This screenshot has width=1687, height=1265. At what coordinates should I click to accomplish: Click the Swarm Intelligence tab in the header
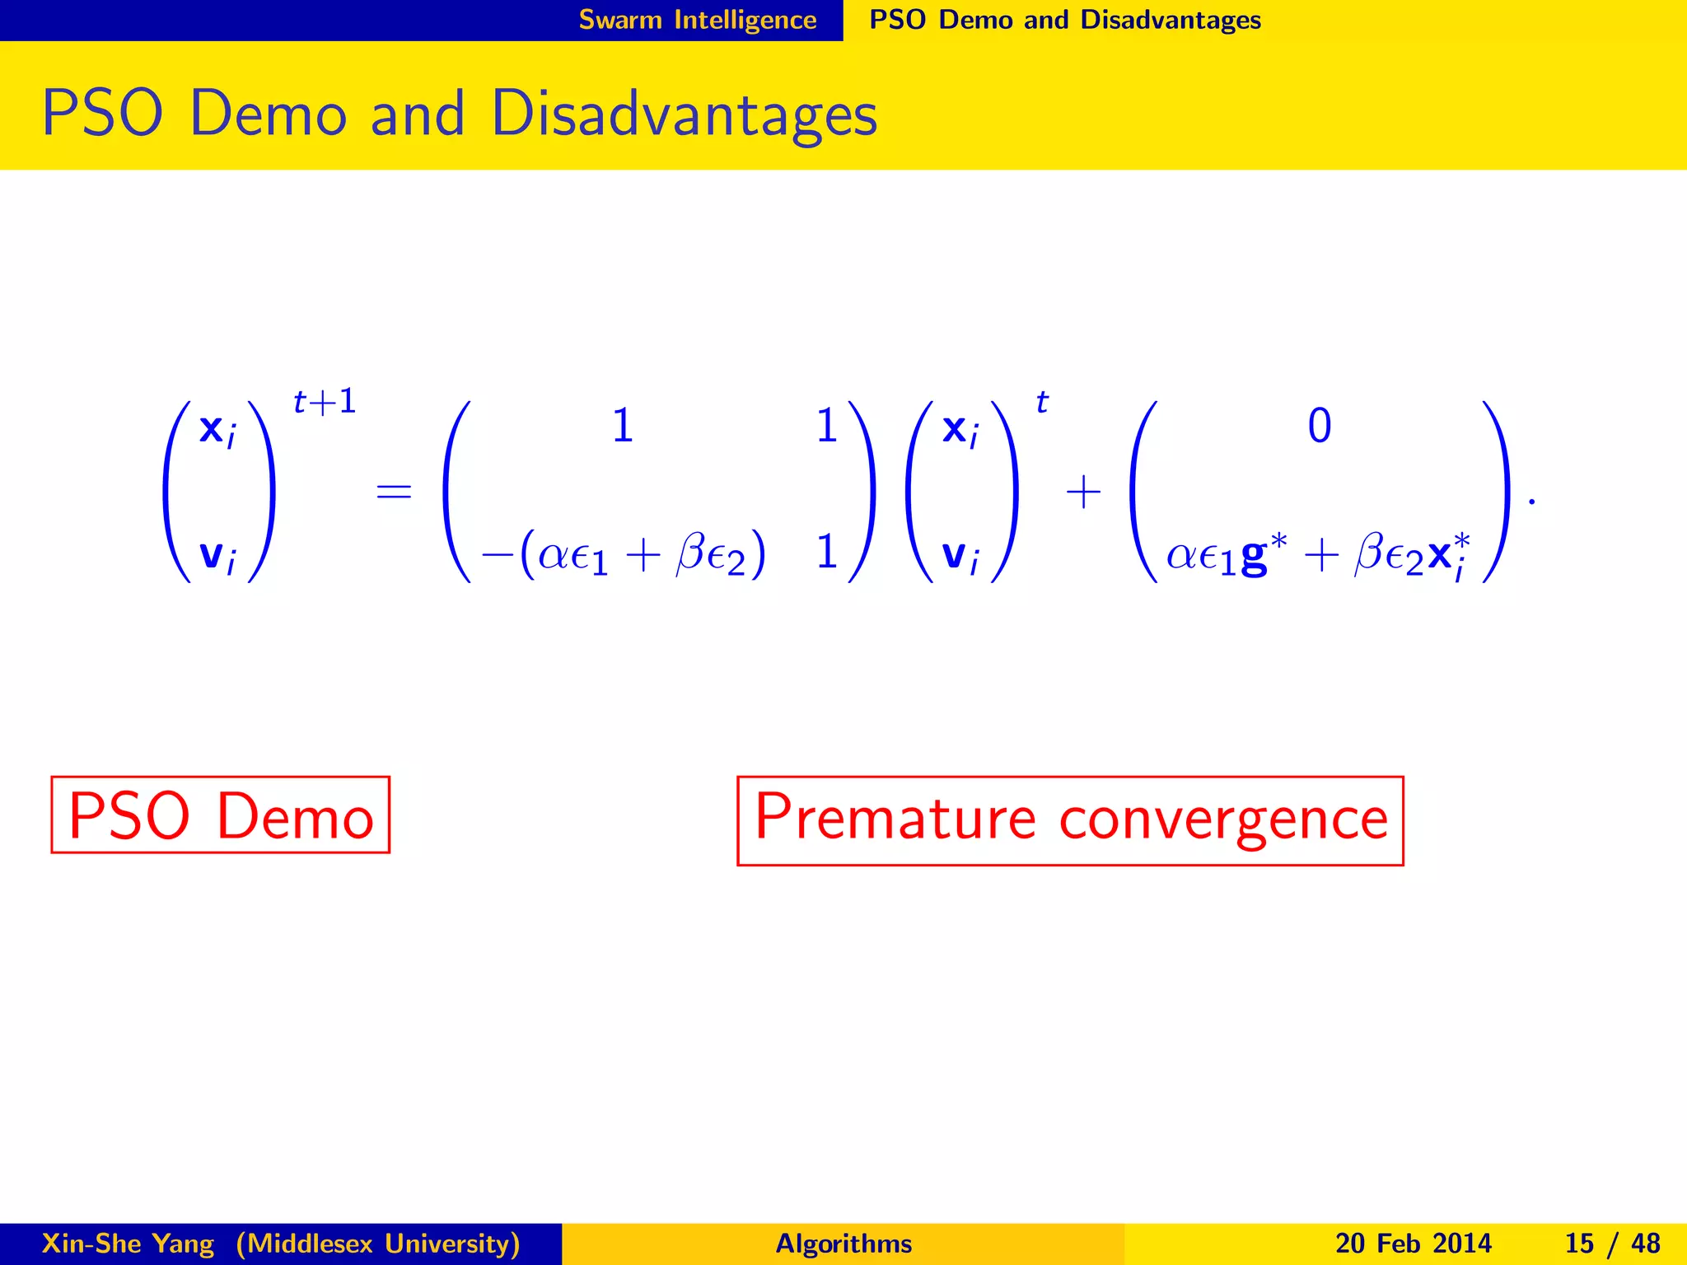point(697,19)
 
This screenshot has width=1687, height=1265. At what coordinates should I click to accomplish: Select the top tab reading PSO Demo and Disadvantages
point(1064,19)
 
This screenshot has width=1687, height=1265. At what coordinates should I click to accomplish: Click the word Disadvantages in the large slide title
point(684,113)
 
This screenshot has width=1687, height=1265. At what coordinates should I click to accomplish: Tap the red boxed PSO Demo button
point(220,815)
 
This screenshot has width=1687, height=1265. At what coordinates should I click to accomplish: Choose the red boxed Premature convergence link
point(1070,820)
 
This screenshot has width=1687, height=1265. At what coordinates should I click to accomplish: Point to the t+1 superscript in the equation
point(325,402)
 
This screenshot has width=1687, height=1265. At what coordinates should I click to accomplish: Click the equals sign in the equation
point(393,492)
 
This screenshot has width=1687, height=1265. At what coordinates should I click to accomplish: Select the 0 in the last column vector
point(1319,427)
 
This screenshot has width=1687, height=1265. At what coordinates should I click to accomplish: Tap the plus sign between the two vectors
point(1083,492)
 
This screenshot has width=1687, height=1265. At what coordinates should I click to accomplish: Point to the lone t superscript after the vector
point(1042,403)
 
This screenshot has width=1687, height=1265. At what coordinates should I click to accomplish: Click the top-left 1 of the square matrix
point(623,427)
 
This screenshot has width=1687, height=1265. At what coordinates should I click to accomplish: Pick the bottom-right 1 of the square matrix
point(826,552)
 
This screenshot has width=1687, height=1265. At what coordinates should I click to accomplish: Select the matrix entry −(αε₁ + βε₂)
point(624,554)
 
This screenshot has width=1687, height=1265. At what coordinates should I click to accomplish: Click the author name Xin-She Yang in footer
point(128,1244)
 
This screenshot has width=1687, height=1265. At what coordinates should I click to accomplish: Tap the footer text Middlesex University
point(378,1244)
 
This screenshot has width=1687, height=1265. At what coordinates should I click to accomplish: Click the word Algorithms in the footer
point(843,1244)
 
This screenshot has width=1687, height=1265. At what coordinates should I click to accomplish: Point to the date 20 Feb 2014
point(1413,1244)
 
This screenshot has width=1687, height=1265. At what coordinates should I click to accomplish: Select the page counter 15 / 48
point(1611,1244)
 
